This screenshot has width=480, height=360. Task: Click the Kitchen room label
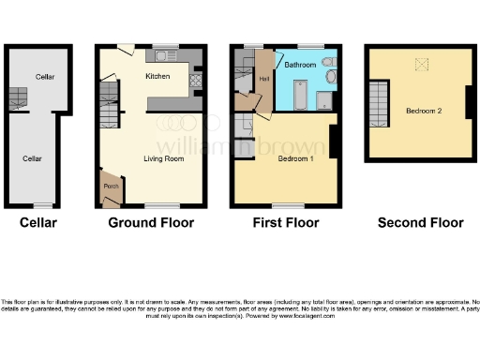157,75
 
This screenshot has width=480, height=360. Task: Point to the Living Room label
162,158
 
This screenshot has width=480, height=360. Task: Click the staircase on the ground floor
111,94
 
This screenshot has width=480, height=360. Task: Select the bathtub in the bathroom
300,95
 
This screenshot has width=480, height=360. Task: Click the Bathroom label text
300,65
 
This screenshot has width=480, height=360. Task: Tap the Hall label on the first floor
264,79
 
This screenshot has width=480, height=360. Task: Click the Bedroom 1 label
296,158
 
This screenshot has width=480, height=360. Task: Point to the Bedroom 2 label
424,111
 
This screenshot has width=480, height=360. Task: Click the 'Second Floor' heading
420,223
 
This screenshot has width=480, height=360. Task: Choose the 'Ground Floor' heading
151,223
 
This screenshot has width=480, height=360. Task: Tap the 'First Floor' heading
286,223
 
